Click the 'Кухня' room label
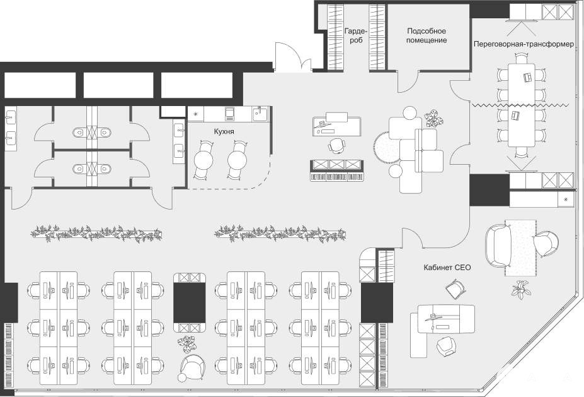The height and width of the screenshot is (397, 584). [x=224, y=132]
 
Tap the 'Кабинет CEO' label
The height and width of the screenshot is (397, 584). [x=447, y=268]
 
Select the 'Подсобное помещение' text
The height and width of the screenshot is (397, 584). [x=427, y=35]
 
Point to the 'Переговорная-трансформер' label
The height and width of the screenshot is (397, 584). [x=524, y=44]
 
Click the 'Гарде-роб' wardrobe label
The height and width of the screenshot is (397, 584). [x=356, y=35]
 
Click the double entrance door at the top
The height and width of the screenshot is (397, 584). [x=293, y=56]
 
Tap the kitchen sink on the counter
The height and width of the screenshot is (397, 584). [x=260, y=113]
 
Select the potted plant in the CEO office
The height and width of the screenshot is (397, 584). [x=520, y=290]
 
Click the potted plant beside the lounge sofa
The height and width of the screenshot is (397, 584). [x=434, y=118]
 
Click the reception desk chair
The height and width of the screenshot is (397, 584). [x=336, y=145]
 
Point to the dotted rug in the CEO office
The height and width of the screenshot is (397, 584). [x=520, y=248]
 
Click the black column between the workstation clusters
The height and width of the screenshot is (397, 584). [x=190, y=302]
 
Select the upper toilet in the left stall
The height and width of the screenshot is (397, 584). [x=79, y=132]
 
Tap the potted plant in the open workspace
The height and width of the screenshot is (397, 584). [x=187, y=343]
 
